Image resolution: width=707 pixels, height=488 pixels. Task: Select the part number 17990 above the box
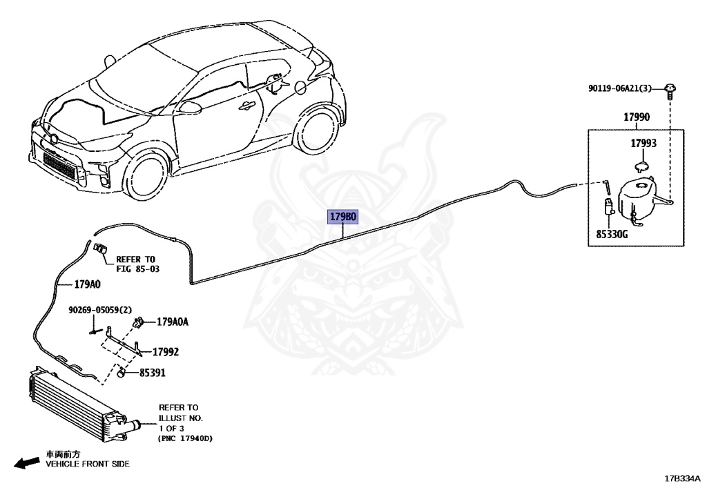[x=637, y=117]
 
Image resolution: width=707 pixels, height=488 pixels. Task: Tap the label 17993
[x=643, y=144]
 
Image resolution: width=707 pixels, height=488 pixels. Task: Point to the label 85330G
[x=612, y=235]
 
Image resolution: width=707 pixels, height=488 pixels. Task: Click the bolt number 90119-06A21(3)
[x=620, y=88]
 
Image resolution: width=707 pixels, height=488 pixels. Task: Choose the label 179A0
[x=87, y=284]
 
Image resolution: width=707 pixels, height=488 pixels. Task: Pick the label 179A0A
[x=173, y=322]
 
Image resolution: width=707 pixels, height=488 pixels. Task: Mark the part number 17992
[x=166, y=352]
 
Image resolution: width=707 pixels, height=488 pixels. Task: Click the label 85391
[x=153, y=373]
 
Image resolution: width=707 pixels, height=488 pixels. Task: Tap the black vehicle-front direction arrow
[x=27, y=462]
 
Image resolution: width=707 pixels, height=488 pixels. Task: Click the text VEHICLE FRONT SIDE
[x=88, y=465]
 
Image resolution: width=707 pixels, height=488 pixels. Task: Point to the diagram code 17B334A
[x=682, y=478]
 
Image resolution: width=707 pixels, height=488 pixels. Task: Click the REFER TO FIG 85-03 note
[x=137, y=264]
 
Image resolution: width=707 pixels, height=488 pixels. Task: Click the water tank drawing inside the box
[x=639, y=198]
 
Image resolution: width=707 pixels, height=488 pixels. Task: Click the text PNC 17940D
[x=186, y=438]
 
